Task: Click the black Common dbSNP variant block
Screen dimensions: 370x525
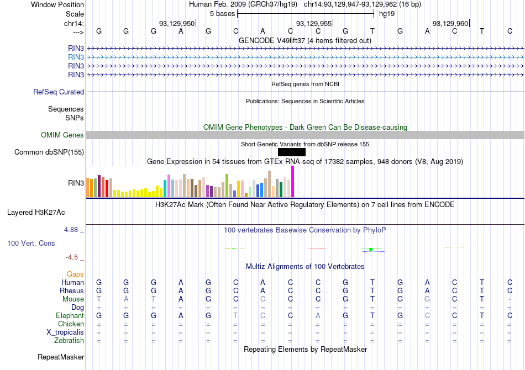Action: click(x=291, y=152)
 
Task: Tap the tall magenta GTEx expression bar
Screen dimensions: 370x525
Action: click(x=292, y=182)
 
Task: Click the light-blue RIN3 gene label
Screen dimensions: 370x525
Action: click(x=76, y=57)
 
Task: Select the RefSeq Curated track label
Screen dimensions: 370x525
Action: click(x=59, y=92)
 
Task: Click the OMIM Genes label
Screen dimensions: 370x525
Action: click(x=62, y=135)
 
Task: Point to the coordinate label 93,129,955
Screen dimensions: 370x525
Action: click(x=314, y=23)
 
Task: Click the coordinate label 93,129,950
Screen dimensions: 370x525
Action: click(x=177, y=23)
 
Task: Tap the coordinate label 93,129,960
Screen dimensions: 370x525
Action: click(x=450, y=23)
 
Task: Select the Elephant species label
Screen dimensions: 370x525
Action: click(x=70, y=316)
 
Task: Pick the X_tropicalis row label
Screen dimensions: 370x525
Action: click(x=65, y=332)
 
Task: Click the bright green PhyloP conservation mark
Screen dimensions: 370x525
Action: click(x=371, y=250)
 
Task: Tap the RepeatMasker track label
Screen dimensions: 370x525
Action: click(x=61, y=357)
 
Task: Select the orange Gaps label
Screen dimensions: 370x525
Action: click(x=75, y=274)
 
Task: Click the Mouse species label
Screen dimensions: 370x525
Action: click(x=73, y=299)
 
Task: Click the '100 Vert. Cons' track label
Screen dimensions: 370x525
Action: click(x=31, y=243)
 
